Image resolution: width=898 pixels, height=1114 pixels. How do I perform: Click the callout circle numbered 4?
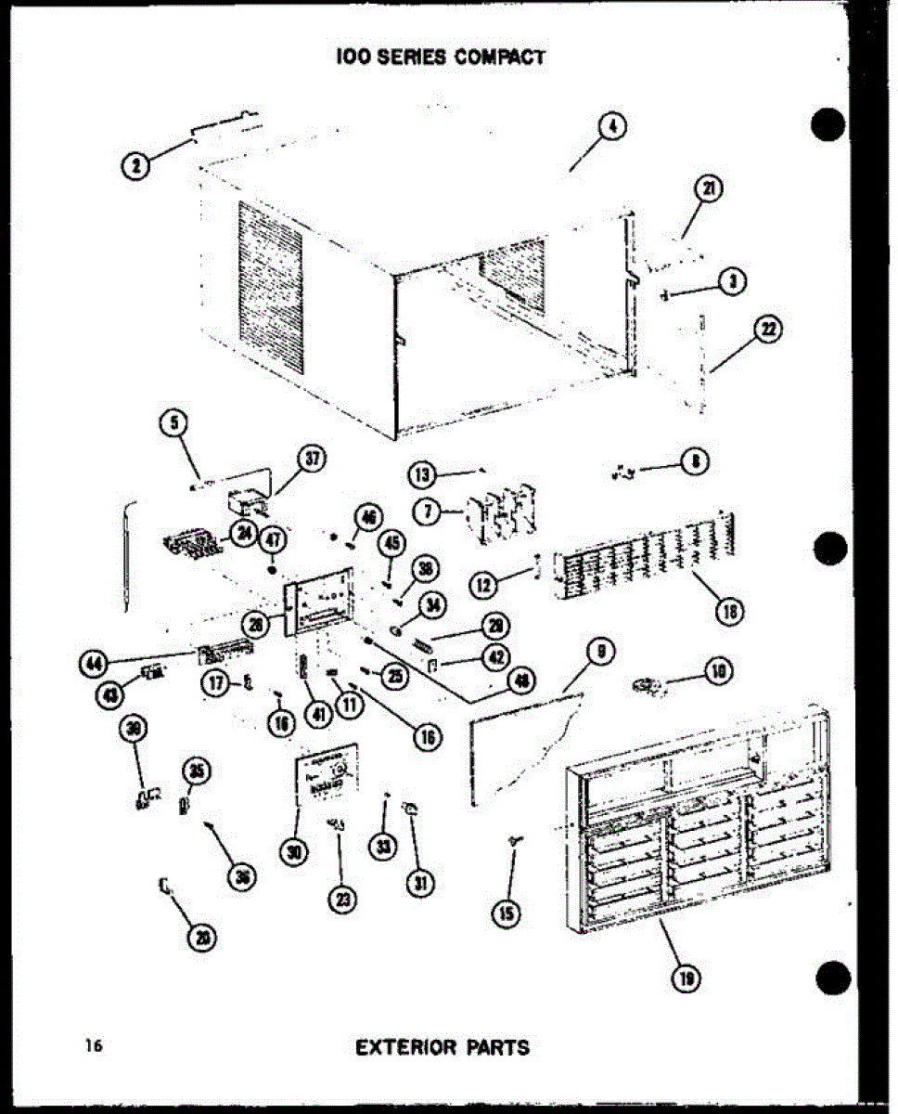tap(611, 128)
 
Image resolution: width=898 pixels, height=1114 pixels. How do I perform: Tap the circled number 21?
tap(710, 188)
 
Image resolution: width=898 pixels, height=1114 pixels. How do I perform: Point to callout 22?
tap(769, 330)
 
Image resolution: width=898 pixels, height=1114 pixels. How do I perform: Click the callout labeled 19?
tap(686, 977)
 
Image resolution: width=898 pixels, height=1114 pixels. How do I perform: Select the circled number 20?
tap(199, 939)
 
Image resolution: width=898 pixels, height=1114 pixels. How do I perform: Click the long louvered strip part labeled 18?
tap(640, 558)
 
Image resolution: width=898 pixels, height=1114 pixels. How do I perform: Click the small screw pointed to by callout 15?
tap(513, 839)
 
